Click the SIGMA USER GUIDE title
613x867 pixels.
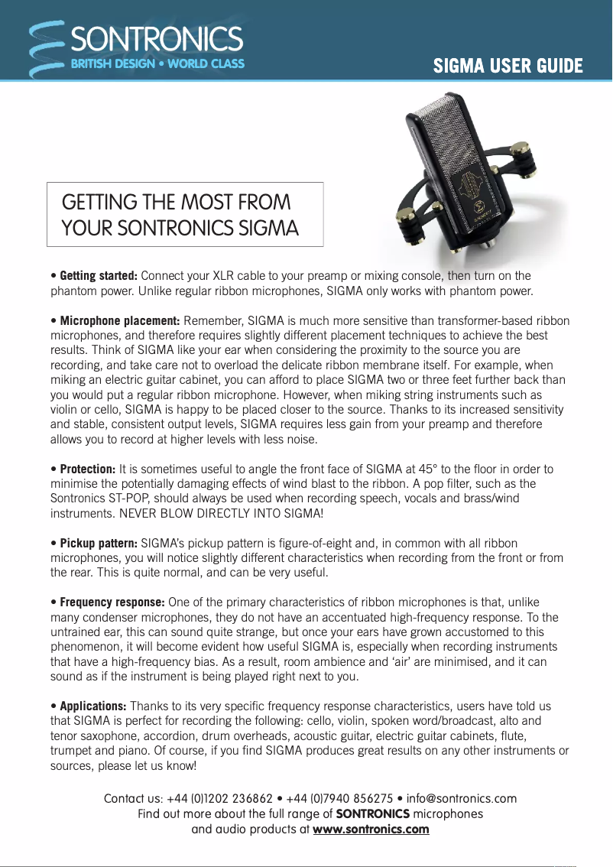click(x=508, y=66)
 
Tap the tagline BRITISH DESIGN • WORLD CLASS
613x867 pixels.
click(x=157, y=63)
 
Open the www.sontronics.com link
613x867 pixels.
click(x=371, y=830)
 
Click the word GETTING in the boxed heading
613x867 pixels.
click(x=97, y=203)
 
